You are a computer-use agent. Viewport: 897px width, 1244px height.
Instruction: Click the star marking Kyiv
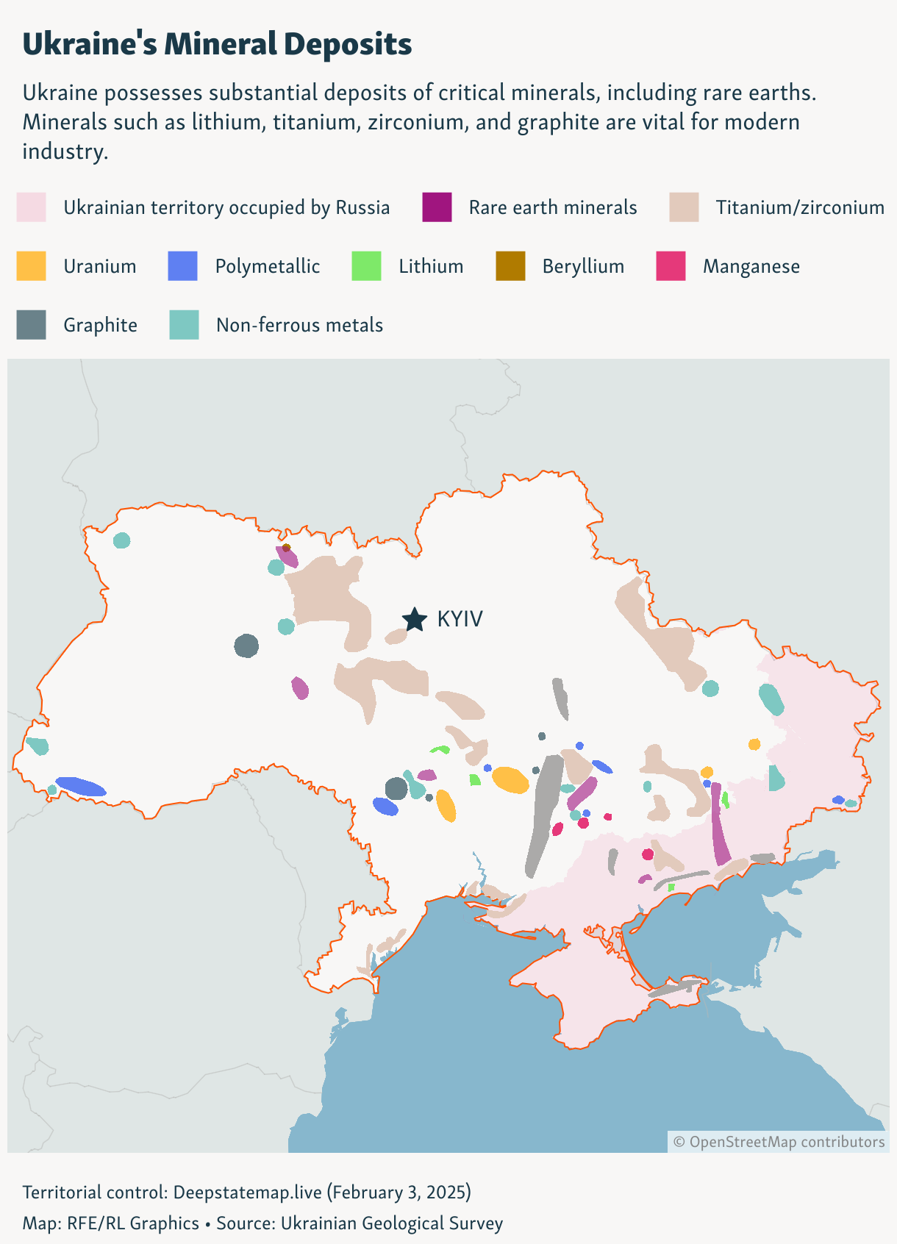click(415, 620)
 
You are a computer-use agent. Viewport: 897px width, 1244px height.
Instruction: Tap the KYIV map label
click(460, 619)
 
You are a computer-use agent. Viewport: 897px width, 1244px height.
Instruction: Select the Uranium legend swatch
click(31, 265)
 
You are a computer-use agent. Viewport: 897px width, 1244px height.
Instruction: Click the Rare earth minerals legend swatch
click(437, 207)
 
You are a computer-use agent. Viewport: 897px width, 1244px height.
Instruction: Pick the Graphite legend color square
click(31, 324)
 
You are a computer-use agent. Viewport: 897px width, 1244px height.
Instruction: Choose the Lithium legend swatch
click(366, 265)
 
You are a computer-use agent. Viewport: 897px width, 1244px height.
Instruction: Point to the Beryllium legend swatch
click(510, 265)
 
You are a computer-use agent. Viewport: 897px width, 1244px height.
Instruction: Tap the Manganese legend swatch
click(671, 265)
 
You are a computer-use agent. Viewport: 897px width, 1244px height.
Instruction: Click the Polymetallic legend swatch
click(182, 265)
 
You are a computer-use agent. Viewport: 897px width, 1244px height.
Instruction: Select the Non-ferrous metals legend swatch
click(184, 324)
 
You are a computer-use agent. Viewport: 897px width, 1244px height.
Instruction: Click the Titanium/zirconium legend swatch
click(684, 207)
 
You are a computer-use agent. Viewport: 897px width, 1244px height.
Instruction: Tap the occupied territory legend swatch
click(31, 207)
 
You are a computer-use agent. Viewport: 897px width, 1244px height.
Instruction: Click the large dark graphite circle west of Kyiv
click(246, 646)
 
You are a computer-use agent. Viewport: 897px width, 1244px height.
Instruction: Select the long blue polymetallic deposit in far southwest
click(81, 786)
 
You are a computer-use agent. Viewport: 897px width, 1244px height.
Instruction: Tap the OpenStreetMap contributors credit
click(779, 1142)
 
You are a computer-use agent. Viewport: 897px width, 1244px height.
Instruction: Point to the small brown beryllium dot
click(286, 548)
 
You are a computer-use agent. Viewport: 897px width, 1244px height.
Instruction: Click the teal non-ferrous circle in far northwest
click(122, 540)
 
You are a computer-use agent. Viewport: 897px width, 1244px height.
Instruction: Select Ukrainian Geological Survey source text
click(392, 1223)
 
